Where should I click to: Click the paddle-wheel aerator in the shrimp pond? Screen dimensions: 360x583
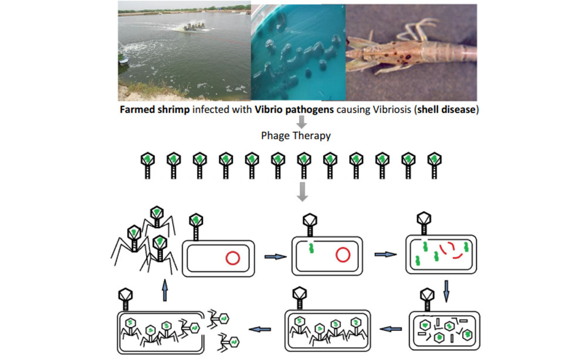click(x=192, y=26)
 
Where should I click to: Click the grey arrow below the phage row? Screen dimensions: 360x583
click(x=303, y=191)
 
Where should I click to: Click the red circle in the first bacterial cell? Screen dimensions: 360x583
click(x=232, y=257)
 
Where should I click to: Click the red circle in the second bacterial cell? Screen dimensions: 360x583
click(x=343, y=256)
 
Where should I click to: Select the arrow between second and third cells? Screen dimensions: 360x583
click(x=383, y=254)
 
